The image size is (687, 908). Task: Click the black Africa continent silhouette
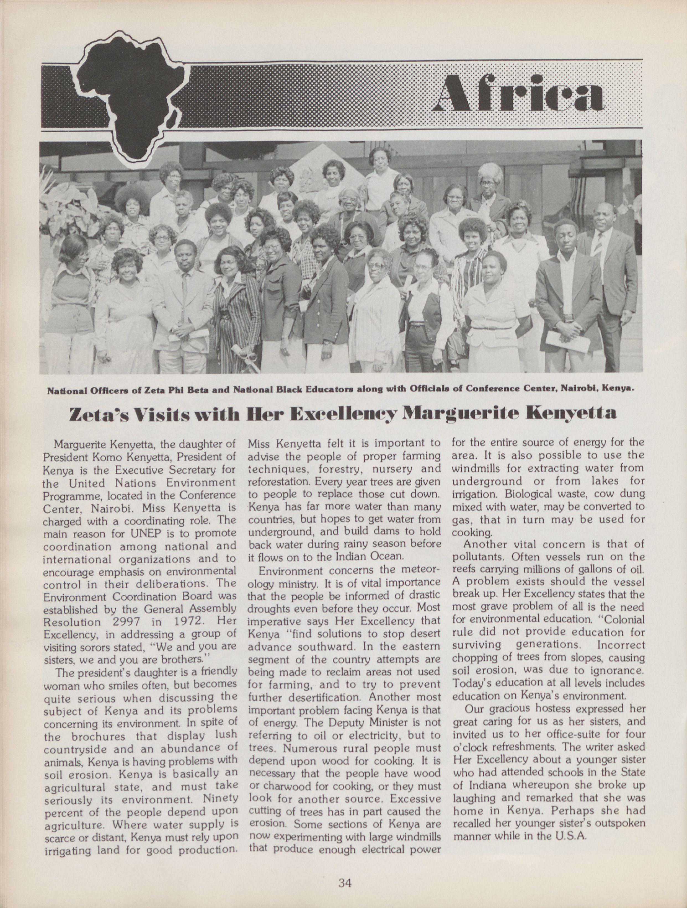(127, 99)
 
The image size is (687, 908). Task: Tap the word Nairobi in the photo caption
(579, 388)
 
